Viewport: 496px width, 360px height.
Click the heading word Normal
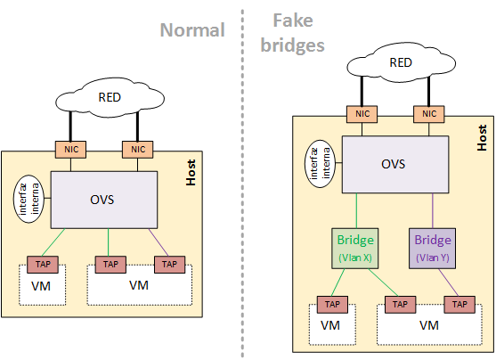[x=191, y=30]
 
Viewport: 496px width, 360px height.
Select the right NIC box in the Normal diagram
[x=138, y=149]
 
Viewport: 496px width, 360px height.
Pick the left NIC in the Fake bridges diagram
[x=360, y=113]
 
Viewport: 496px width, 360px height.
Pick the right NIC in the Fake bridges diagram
[x=429, y=113]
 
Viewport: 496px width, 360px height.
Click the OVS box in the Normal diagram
[x=105, y=199]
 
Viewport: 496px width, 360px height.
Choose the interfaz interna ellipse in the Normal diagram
[x=28, y=198]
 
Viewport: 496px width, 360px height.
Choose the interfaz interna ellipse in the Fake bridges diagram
[x=321, y=164]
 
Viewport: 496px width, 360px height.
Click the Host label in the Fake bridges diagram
[x=482, y=136]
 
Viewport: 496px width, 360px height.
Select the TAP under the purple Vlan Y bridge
[x=459, y=305]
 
